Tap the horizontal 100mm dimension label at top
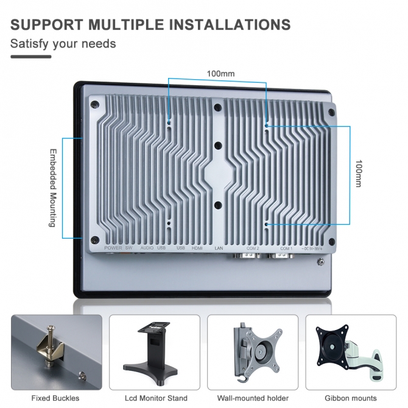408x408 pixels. [x=220, y=74]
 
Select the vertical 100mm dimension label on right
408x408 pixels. [x=358, y=174]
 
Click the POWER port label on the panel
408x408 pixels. [x=113, y=248]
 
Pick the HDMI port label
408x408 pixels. [x=197, y=248]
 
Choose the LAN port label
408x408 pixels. [x=219, y=248]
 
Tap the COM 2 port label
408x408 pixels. [x=252, y=248]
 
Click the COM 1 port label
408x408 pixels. [x=286, y=248]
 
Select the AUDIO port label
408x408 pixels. [x=147, y=248]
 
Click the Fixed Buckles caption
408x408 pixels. [x=55, y=398]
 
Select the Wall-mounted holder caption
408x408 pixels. [x=253, y=398]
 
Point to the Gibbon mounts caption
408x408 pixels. [x=351, y=398]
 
